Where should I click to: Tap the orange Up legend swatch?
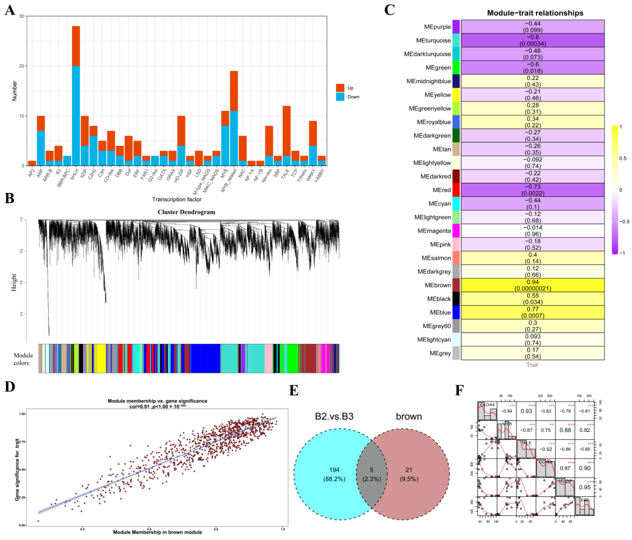340,88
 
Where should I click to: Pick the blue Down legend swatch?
340,97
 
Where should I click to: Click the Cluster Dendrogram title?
186,212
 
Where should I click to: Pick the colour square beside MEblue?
456,312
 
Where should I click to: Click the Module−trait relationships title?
535,13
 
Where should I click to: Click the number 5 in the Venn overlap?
371,470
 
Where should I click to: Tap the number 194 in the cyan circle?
334,470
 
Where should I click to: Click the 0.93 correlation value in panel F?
526,411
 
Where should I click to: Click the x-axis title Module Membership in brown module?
157,532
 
